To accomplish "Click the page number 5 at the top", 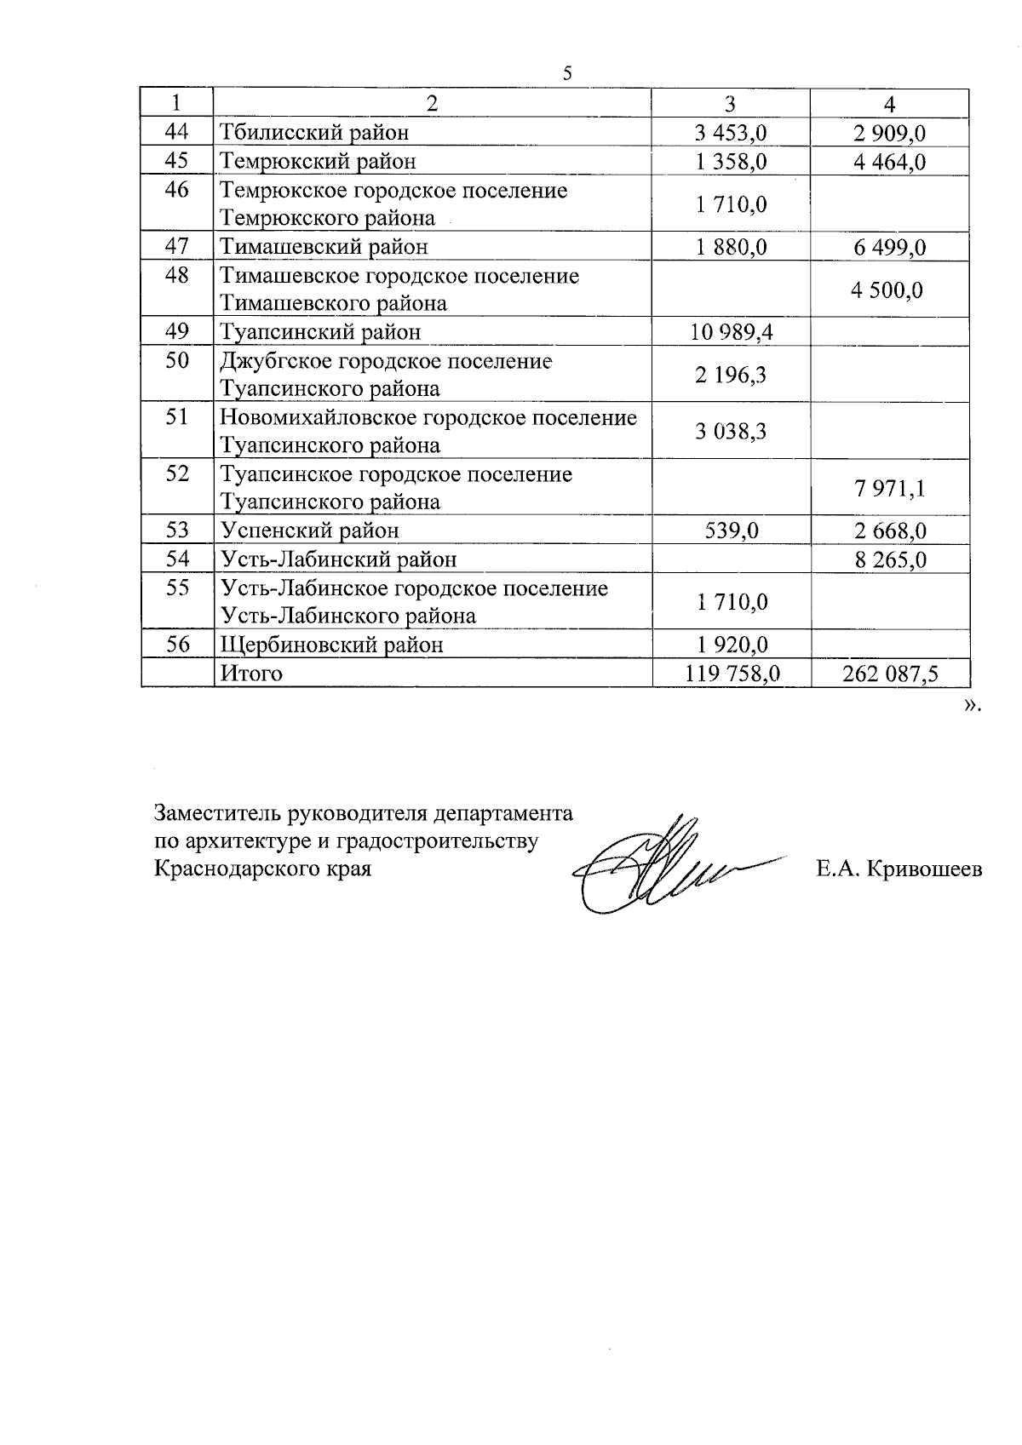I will click(x=567, y=73).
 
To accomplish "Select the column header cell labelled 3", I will click(x=730, y=104).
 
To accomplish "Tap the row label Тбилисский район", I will click(x=314, y=133).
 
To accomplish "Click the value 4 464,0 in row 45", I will click(x=889, y=162).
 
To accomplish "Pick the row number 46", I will click(x=177, y=189).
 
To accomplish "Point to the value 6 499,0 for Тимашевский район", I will click(x=889, y=248).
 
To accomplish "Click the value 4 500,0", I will click(x=887, y=290).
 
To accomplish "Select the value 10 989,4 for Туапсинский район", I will click(x=731, y=332).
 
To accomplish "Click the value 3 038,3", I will click(x=731, y=432).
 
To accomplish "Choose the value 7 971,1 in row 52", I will click(x=889, y=489).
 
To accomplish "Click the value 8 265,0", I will click(x=889, y=560).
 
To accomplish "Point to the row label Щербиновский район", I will click(x=332, y=645).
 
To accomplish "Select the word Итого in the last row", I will click(x=251, y=674).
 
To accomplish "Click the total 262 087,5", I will click(x=890, y=674).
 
